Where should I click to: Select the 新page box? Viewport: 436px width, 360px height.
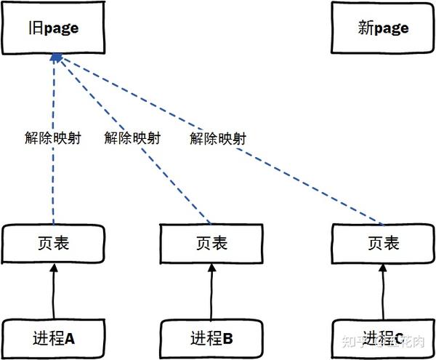pos(382,28)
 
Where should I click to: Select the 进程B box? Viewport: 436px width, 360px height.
pos(210,338)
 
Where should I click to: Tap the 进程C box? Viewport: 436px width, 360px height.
pos(383,338)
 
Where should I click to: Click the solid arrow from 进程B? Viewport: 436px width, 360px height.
pos(210,290)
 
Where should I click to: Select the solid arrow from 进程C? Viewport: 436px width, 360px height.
pos(383,290)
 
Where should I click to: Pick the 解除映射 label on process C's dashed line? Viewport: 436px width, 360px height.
pos(217,138)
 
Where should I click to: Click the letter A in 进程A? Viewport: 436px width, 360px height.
pos(70,338)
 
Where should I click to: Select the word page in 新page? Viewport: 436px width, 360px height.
pos(392,28)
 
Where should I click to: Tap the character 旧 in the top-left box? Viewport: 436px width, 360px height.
pos(36,28)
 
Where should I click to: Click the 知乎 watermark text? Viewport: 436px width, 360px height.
pos(355,340)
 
